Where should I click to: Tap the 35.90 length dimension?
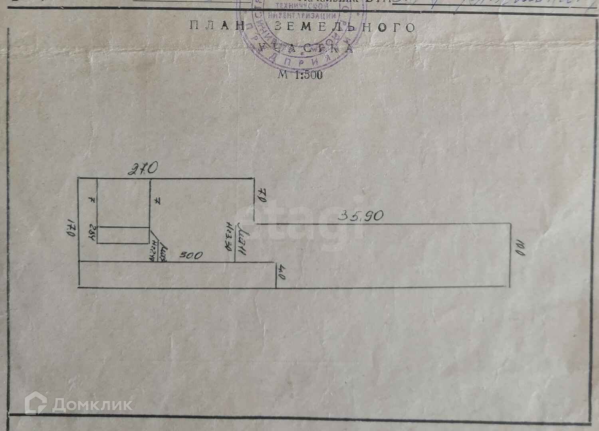point(361,216)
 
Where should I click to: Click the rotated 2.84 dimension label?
point(91,233)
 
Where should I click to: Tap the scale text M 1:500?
point(300,74)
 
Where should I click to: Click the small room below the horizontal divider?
point(123,235)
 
